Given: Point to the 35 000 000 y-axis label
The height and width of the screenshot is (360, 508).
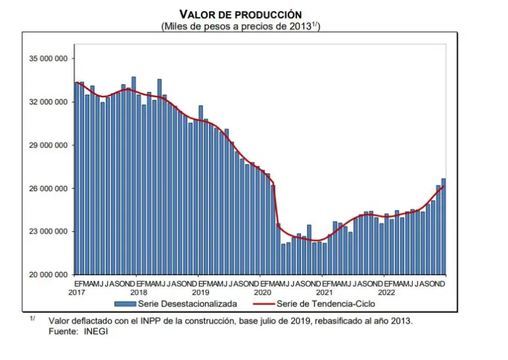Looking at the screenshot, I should [x=48, y=59].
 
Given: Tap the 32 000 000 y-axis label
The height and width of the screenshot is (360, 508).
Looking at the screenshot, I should [x=48, y=102].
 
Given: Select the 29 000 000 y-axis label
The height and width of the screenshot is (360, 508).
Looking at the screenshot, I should [x=48, y=145].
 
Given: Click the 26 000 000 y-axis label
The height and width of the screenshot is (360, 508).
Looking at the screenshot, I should [x=48, y=189].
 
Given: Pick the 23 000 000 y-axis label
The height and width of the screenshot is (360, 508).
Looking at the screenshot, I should [x=48, y=232].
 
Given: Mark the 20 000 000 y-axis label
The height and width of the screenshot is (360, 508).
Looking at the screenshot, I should [x=48, y=275].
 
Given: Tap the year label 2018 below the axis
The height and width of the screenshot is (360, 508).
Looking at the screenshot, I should [x=138, y=292].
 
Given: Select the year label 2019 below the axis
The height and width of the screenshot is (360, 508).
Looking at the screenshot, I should [x=200, y=292].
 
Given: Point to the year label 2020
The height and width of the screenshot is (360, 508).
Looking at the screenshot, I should [x=263, y=292].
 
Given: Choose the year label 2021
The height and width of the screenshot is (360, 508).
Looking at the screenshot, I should [x=324, y=292].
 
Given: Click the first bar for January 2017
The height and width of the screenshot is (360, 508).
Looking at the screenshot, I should [x=77, y=179].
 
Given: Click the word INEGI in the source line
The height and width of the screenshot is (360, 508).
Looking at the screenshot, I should [x=95, y=331].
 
